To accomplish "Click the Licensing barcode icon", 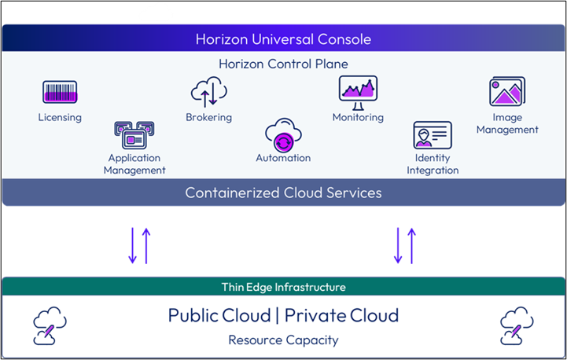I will point(59,93).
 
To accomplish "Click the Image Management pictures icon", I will point(507,92).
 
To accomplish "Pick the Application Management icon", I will point(135,135).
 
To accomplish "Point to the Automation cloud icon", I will point(283,134).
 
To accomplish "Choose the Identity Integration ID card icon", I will point(432,135).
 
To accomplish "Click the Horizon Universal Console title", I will point(283,39).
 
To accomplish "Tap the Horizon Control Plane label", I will point(283,64).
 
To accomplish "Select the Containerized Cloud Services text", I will point(283,193).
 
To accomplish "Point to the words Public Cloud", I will point(218,316).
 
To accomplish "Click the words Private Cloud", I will point(341,316).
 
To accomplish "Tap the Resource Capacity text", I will point(283,340).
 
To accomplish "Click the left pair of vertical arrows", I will point(138,244).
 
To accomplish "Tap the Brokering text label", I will point(208,118).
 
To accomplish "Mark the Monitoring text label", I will point(358,117).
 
